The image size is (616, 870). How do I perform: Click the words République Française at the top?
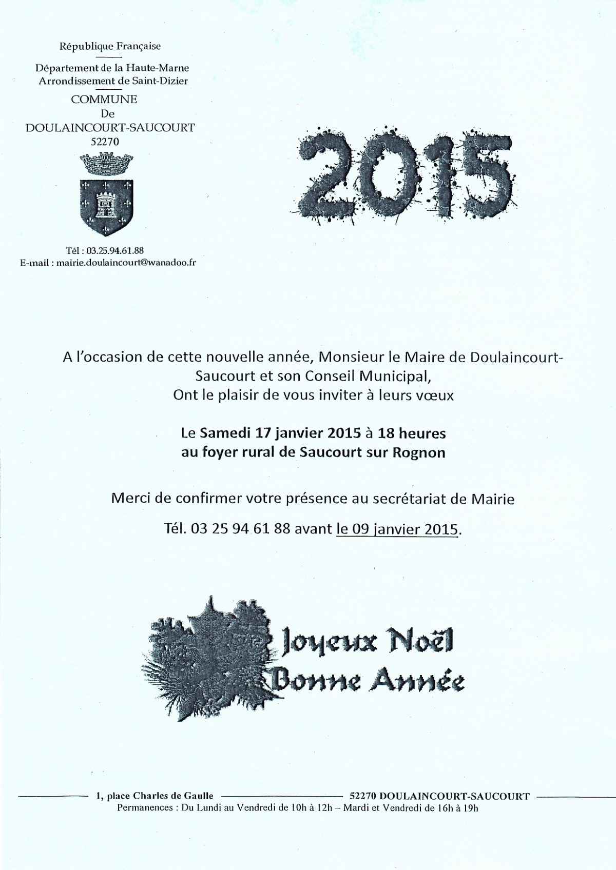click(110, 46)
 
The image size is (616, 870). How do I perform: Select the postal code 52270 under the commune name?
click(105, 142)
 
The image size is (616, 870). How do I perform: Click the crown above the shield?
click(107, 165)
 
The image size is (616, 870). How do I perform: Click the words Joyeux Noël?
click(366, 643)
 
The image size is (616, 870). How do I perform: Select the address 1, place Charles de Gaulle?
click(155, 797)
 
